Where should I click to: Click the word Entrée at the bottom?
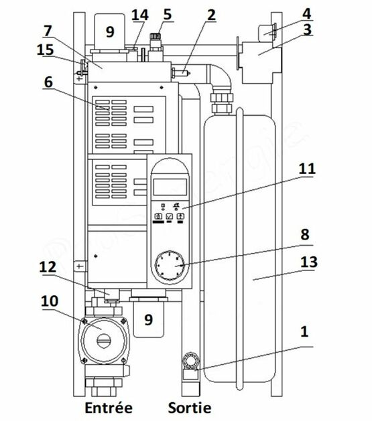109,408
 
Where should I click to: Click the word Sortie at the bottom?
190,408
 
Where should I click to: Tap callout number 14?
140,15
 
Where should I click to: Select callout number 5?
167,14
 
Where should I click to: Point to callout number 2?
211,15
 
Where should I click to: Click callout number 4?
307,13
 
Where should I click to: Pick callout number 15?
45,50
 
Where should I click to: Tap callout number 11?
307,169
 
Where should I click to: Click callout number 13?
309,262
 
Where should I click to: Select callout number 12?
48,267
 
